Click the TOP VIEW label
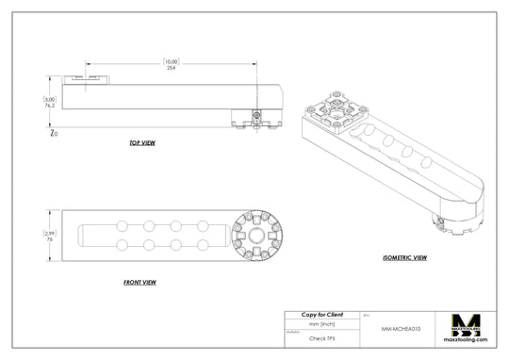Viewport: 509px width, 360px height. (x=142, y=144)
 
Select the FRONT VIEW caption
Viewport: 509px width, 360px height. (x=140, y=282)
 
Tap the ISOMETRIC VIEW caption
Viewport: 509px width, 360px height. (x=405, y=257)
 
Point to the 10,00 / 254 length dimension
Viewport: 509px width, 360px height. (x=171, y=64)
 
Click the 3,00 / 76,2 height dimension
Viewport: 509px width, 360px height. (x=49, y=103)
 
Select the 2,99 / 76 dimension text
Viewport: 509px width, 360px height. (x=50, y=236)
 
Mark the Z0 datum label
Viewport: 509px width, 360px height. (x=53, y=134)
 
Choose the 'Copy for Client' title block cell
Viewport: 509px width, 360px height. (x=321, y=314)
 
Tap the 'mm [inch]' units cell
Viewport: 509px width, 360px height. (x=321, y=323)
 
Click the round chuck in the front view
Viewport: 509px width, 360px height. (x=255, y=235)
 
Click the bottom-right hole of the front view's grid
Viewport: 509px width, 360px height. (x=203, y=246)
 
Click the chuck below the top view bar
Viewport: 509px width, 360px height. (x=255, y=118)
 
